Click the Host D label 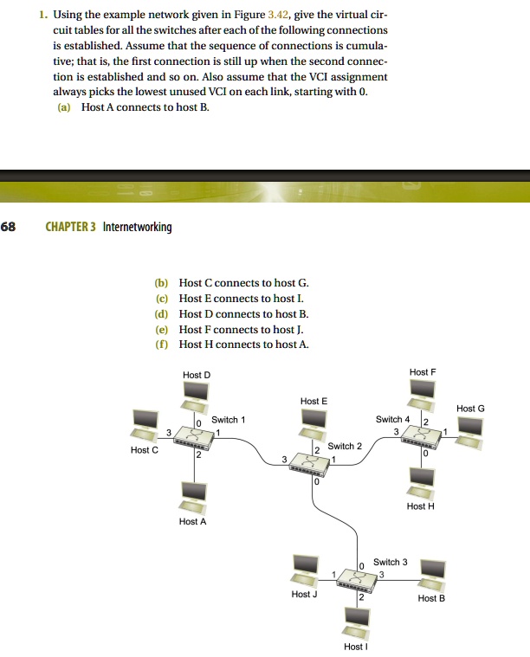point(197,375)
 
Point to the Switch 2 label point(345,446)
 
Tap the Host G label point(470,408)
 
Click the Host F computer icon point(422,392)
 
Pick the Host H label point(420,506)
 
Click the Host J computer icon point(306,568)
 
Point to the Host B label point(431,598)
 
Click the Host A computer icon point(191,495)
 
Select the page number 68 point(8,227)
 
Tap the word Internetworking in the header point(137,227)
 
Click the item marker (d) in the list point(160,314)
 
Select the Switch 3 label point(391,562)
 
